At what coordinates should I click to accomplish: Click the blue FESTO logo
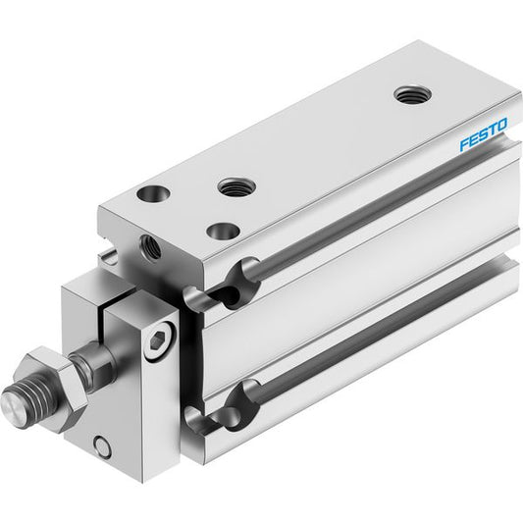click(x=484, y=134)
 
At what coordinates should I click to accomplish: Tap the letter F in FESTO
click(x=464, y=145)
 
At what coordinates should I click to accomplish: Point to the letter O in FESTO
click(x=502, y=124)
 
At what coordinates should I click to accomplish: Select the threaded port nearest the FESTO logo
click(x=412, y=95)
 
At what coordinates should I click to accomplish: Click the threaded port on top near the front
click(x=236, y=186)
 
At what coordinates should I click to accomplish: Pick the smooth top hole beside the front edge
click(x=153, y=194)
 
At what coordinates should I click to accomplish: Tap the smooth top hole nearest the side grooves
click(x=223, y=232)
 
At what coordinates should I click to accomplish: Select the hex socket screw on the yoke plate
click(x=158, y=340)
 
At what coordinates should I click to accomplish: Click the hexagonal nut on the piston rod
click(x=55, y=389)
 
